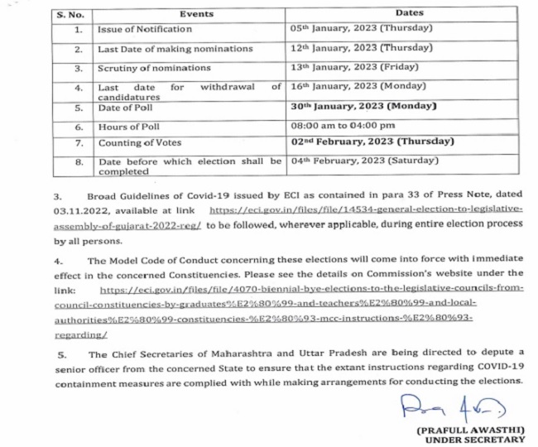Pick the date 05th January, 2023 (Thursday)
(362, 29)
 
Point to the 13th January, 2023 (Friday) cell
(356, 67)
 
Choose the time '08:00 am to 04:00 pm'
(344, 127)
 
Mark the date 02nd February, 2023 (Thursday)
(372, 142)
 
